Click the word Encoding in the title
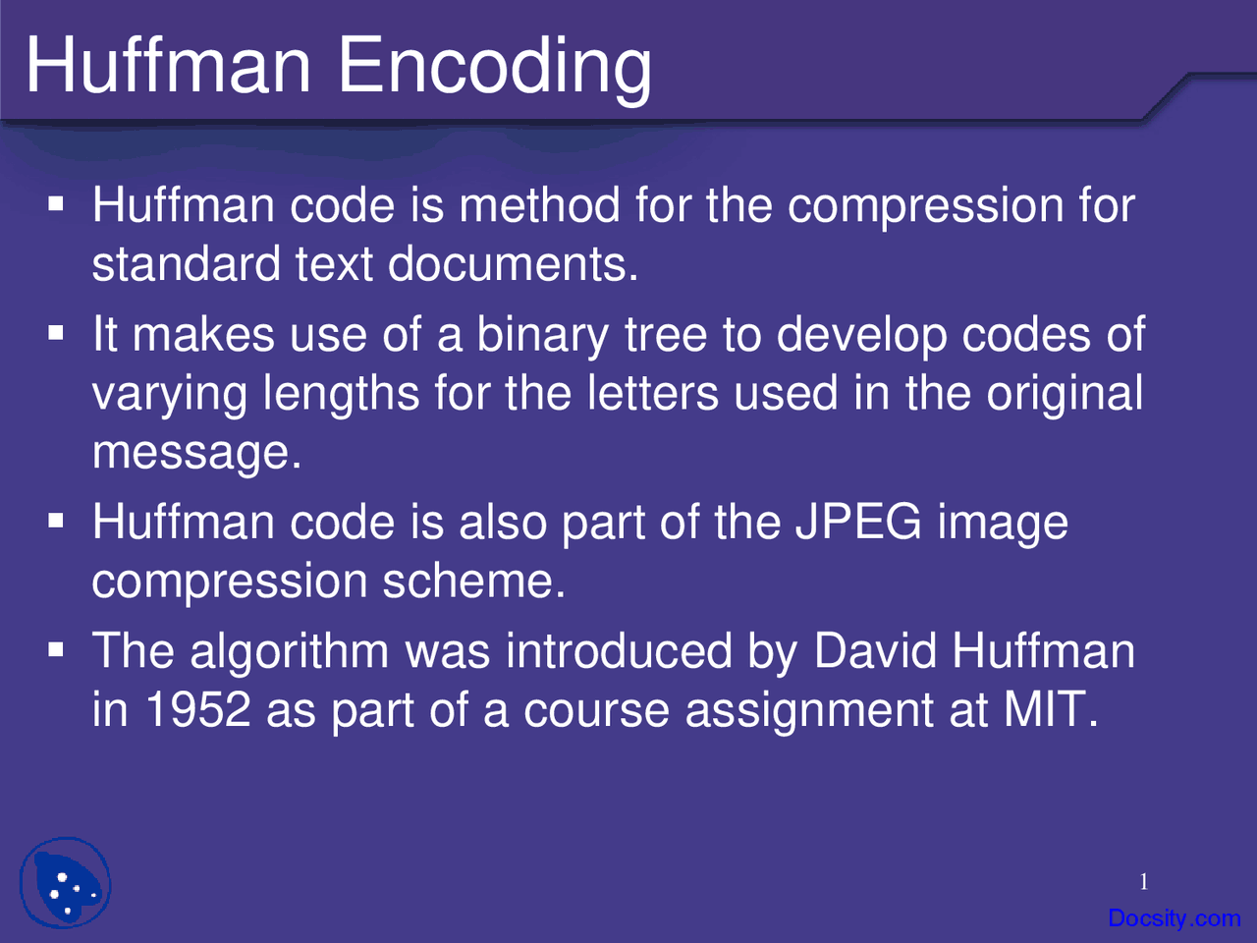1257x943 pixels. [x=495, y=69]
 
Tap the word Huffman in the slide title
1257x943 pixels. [x=168, y=64]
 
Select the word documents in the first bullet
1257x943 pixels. [x=513, y=264]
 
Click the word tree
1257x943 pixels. [x=666, y=335]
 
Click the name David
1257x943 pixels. [x=875, y=650]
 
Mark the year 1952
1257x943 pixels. [x=198, y=709]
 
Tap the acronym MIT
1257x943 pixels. [x=1050, y=709]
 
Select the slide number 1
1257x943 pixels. [x=1144, y=882]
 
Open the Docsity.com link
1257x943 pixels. [x=1174, y=917]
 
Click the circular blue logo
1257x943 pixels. [x=65, y=882]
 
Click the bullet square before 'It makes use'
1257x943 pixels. [x=56, y=333]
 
